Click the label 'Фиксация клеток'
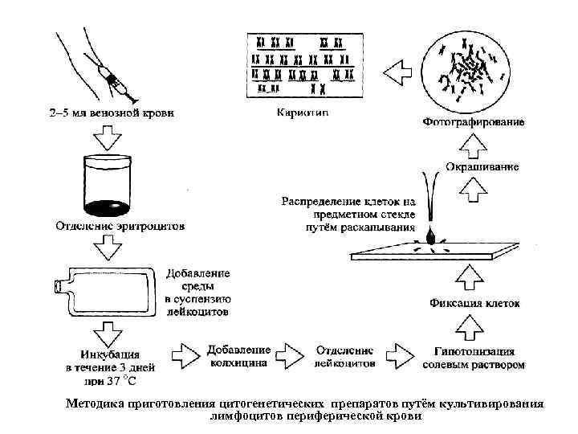[x=474, y=304]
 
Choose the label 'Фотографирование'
[x=473, y=123]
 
